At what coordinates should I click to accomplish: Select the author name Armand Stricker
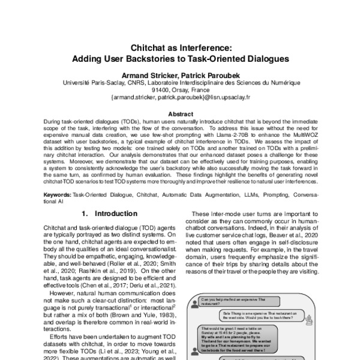pos(148,75)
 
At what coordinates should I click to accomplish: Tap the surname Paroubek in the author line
pos(221,75)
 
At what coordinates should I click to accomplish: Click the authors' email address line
pos(180,97)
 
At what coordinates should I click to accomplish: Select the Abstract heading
pos(180,113)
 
